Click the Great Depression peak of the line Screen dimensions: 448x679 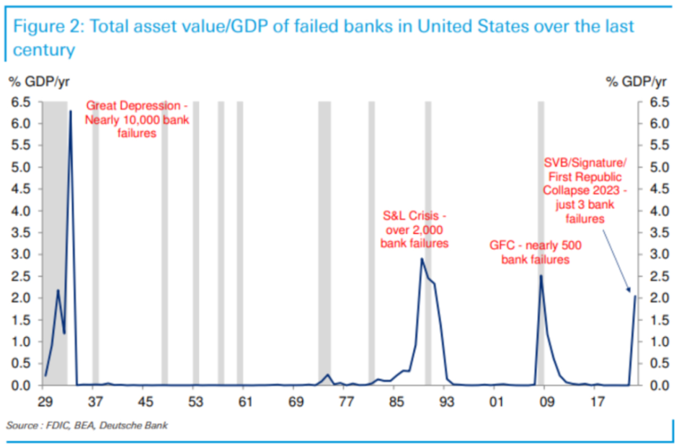(x=70, y=111)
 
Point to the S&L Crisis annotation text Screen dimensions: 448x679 (x=414, y=229)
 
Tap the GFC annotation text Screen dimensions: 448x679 (x=535, y=251)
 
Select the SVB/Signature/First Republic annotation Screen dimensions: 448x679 (x=585, y=189)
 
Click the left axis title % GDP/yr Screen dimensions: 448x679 (x=40, y=81)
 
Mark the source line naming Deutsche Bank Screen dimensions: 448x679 (x=87, y=426)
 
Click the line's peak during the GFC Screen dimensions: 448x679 (x=541, y=275)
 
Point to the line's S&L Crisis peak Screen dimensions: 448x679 (x=422, y=259)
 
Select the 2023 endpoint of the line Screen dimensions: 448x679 (x=635, y=296)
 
